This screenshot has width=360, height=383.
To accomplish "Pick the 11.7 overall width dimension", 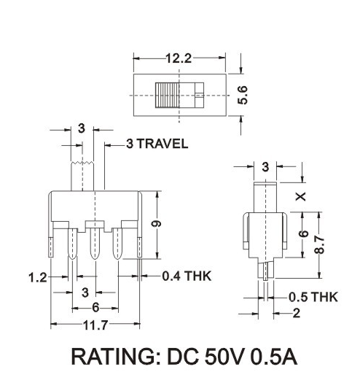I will pyautogui.click(x=95, y=324).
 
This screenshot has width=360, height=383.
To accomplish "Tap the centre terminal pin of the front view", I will pyautogui.click(x=94, y=245).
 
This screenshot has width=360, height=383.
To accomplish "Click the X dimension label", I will pyautogui.click(x=301, y=196).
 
